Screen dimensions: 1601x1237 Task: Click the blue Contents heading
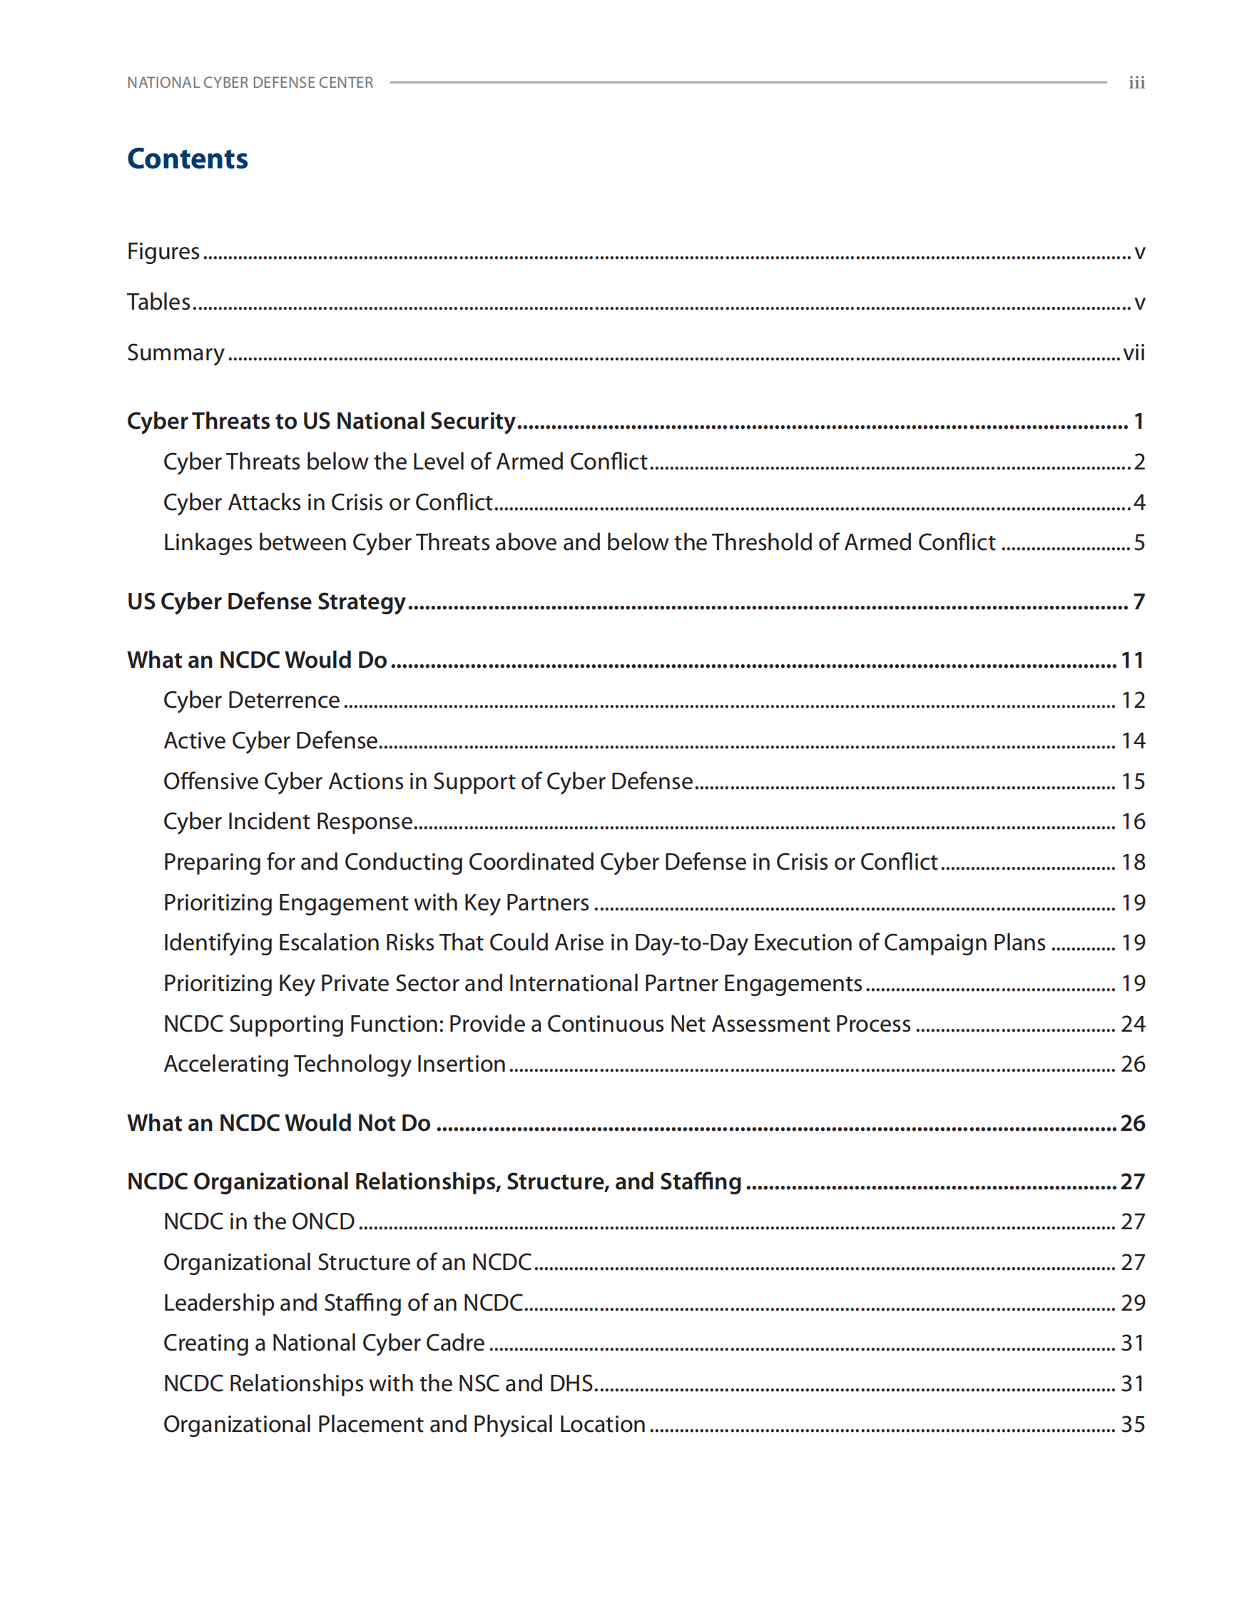[188, 159]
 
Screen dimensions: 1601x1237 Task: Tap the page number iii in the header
[1136, 83]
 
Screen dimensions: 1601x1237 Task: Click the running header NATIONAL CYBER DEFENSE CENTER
[250, 83]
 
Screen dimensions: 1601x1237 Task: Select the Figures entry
[163, 251]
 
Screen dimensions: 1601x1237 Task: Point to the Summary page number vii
[1133, 353]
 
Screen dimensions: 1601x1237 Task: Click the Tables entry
[159, 302]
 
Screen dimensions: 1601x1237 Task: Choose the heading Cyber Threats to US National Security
[321, 422]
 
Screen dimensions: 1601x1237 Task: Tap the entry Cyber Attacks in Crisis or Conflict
[327, 503]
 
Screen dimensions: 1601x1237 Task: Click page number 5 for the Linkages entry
[1139, 543]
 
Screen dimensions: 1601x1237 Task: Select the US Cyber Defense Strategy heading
[266, 602]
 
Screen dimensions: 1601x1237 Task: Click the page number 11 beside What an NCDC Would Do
[1132, 661]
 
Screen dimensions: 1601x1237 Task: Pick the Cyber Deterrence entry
[251, 701]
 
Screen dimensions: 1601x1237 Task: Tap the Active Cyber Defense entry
[270, 741]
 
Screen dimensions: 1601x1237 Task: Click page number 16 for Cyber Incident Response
[1133, 823]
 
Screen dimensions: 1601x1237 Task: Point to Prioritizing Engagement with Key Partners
[376, 903]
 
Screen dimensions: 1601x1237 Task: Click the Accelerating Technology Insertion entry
[334, 1064]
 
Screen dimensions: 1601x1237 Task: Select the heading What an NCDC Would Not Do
[278, 1124]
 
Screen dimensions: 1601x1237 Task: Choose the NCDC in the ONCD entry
[259, 1222]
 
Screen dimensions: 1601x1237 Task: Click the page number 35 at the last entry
[1133, 1424]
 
